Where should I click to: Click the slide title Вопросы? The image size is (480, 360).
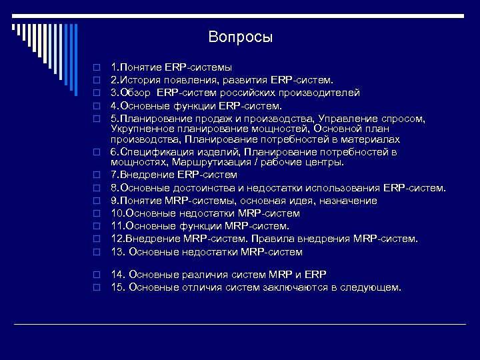(x=240, y=37)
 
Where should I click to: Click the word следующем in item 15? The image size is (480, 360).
(x=372, y=287)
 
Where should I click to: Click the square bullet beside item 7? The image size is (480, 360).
(x=96, y=175)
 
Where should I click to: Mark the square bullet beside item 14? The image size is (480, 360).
(x=96, y=275)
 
